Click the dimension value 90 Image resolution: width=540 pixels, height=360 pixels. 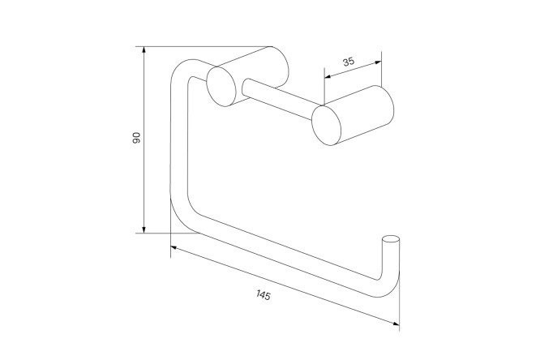point(137,139)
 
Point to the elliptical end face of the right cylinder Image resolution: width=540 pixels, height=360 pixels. point(326,126)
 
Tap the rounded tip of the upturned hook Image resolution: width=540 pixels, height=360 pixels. point(392,240)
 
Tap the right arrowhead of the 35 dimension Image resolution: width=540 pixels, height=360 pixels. point(379,58)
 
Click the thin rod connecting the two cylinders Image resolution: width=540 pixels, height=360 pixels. point(276,95)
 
